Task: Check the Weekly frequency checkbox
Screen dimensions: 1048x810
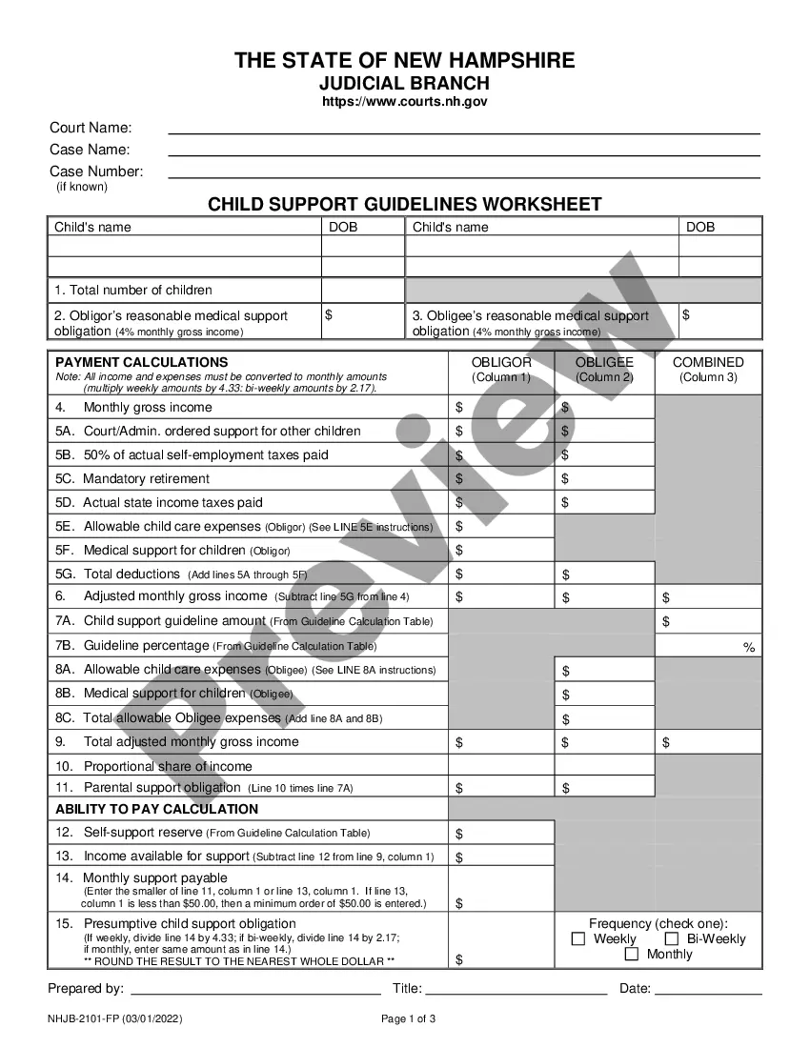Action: point(578,939)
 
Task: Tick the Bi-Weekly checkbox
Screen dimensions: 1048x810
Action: point(672,939)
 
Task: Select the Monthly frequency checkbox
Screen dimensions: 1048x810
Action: point(632,955)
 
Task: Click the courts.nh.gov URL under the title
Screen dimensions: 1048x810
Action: point(405,102)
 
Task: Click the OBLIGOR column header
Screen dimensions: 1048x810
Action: point(501,363)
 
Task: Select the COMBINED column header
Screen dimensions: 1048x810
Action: point(708,363)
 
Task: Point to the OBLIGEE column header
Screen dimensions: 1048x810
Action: point(604,363)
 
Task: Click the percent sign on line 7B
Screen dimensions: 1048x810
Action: point(749,648)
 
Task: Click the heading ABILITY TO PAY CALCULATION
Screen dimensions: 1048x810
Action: point(156,809)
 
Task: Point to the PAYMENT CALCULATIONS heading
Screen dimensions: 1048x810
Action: point(142,362)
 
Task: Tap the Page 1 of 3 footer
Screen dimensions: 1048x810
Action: point(409,1018)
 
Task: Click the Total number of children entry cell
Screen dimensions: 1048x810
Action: point(362,291)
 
